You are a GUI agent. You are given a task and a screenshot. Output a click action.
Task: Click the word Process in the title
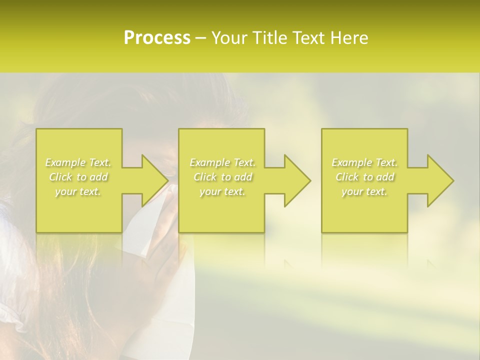(157, 38)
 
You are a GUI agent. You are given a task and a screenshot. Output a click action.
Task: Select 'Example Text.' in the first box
(78, 162)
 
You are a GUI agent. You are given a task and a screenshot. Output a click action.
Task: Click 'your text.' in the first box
(78, 191)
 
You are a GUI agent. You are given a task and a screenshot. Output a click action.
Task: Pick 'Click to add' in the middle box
(222, 177)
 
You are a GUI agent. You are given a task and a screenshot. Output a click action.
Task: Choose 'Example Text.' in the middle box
(222, 162)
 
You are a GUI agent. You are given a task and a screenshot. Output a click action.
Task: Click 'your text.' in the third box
(364, 191)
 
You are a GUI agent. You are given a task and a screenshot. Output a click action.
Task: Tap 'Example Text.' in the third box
(364, 162)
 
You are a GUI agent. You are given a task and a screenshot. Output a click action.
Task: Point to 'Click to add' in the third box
(364, 177)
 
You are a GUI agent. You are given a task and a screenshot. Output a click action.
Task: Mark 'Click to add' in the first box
(78, 177)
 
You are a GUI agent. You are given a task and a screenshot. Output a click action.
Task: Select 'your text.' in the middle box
(222, 191)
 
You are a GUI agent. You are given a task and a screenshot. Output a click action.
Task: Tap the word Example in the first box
(65, 162)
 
